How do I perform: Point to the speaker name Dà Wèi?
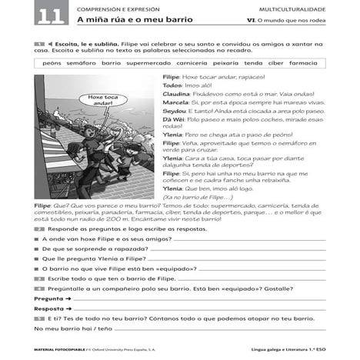tap(173, 119)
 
